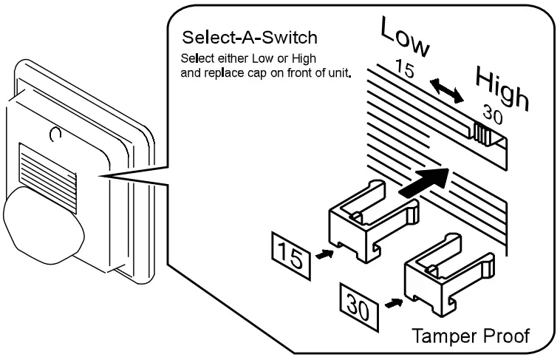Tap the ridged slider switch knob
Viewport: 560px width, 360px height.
[484, 135]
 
